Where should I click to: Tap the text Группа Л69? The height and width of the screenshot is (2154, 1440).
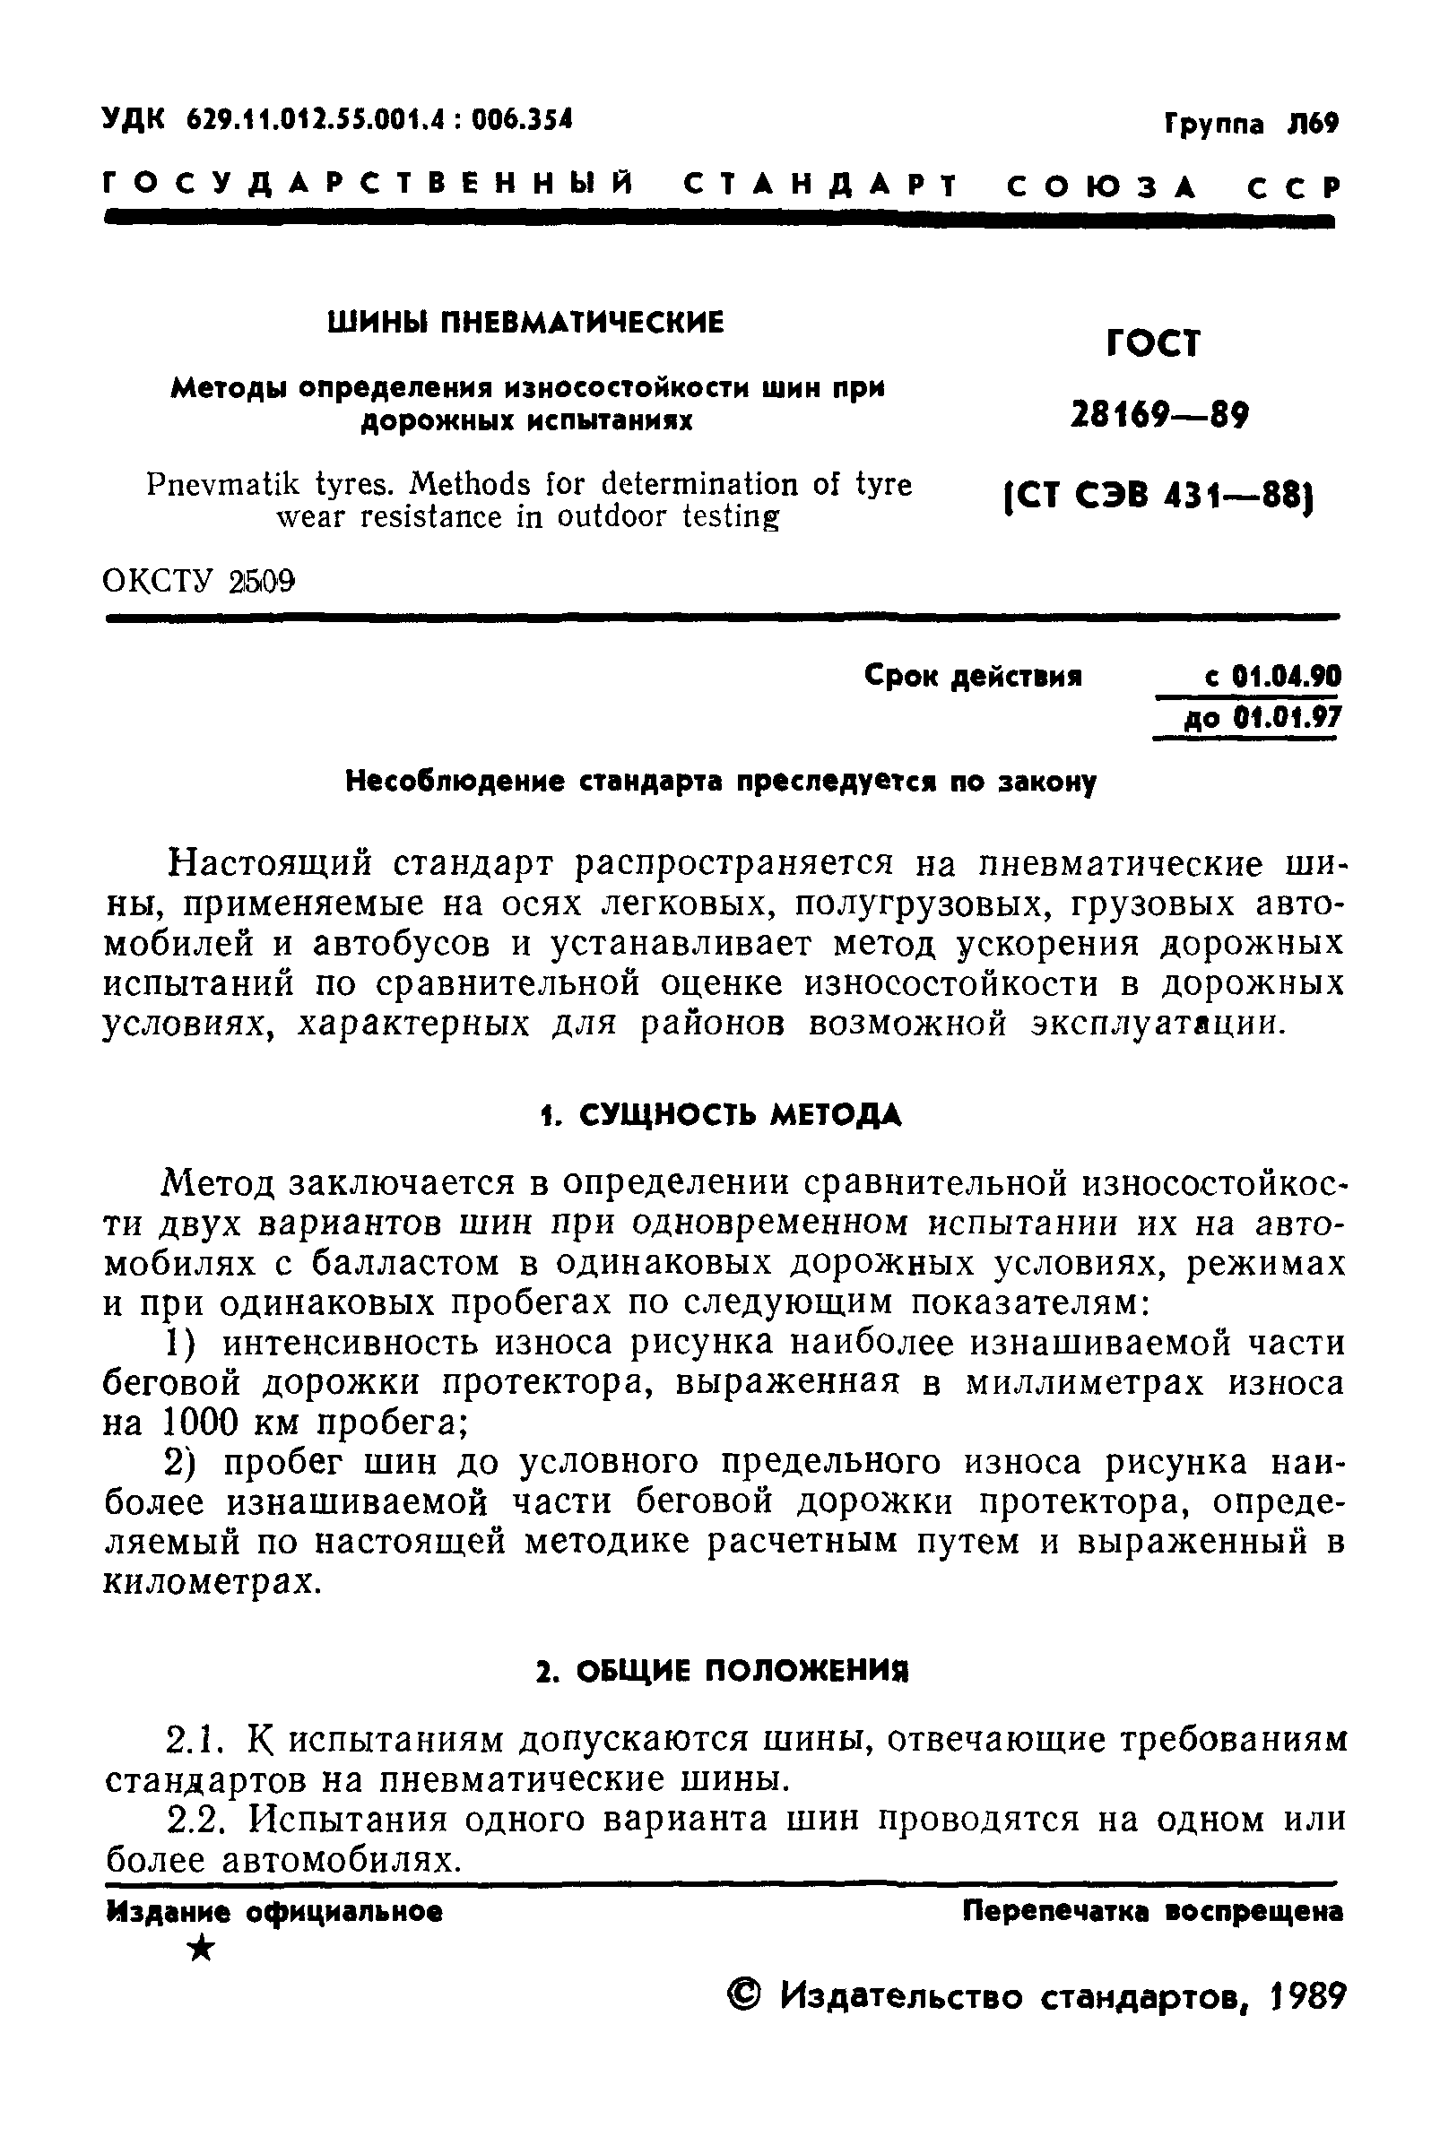pyautogui.click(x=1252, y=124)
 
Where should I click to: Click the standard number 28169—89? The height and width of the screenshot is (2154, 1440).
pyautogui.click(x=1160, y=417)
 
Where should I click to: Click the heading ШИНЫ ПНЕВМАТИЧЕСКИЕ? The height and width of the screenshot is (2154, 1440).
pyautogui.click(x=526, y=323)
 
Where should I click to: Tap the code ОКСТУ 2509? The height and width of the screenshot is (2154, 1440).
pyautogui.click(x=199, y=582)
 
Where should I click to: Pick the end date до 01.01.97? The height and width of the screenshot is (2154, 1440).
pyautogui.click(x=1262, y=716)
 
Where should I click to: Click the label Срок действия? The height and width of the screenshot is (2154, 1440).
pyautogui.click(x=974, y=678)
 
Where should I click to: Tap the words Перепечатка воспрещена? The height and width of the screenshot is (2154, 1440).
pyautogui.click(x=1152, y=1912)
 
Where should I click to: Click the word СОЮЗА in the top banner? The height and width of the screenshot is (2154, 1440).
pyautogui.click(x=1102, y=187)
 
